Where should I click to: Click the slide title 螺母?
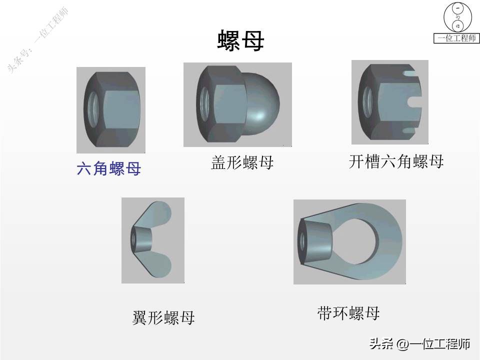coord(240,40)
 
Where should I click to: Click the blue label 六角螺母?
coord(108,169)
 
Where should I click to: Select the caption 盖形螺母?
coord(242,163)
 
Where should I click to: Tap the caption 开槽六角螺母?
coord(396,161)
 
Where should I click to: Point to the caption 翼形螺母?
coord(163,318)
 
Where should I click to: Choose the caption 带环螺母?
coord(348,313)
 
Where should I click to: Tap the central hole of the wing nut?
coord(134,239)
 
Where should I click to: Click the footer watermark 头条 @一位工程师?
coord(419,344)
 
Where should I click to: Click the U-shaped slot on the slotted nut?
coord(415,101)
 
